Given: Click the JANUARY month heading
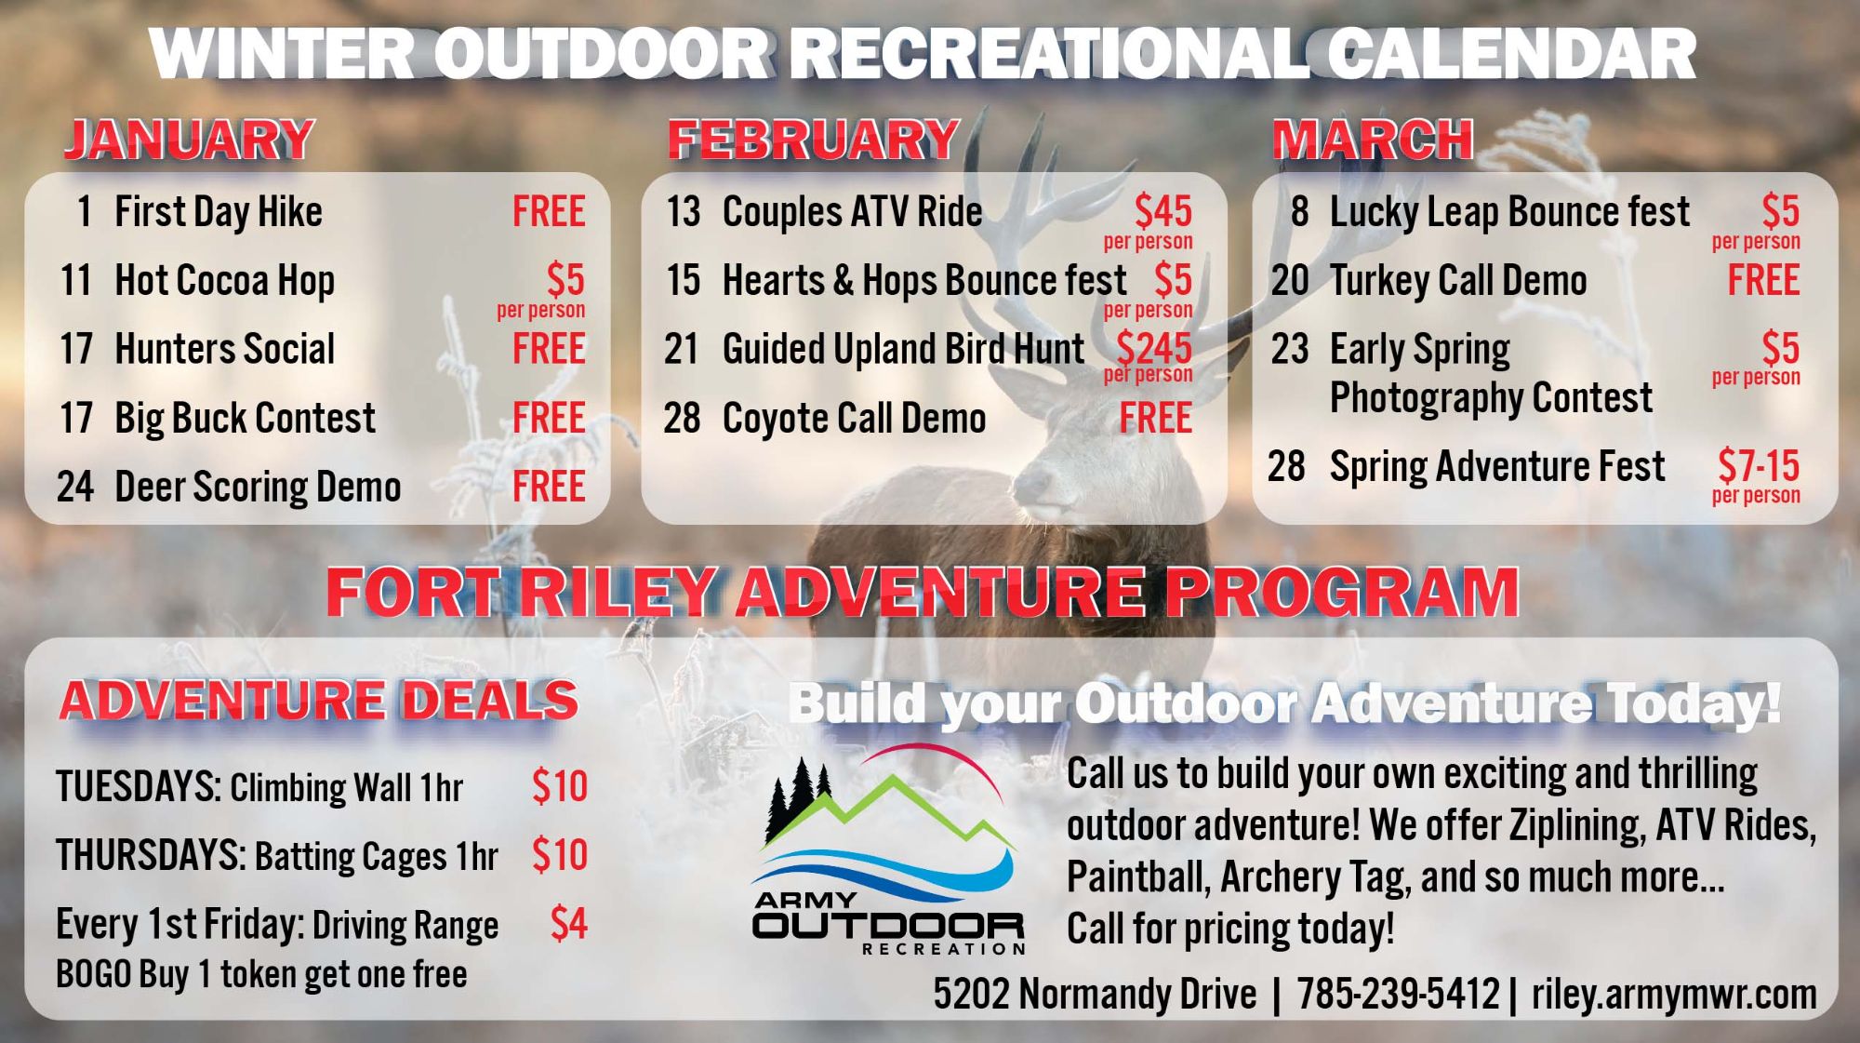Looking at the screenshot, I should [189, 140].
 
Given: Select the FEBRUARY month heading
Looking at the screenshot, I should [813, 140].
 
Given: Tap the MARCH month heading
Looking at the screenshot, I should [1372, 140].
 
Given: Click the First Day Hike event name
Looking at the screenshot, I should [218, 212].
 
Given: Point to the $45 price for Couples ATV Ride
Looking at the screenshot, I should [1162, 212].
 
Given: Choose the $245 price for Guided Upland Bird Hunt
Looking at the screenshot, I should [1153, 349].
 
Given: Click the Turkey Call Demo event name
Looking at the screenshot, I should [1457, 281].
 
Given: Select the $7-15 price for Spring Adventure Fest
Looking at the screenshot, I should [1758, 465].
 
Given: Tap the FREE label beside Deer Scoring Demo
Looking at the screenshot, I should [549, 487].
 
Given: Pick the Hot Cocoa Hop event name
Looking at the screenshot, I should [224, 281].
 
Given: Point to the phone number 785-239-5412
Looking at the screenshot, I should [1398, 994].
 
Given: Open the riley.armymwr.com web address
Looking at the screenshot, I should [1673, 994].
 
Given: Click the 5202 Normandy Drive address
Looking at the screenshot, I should [1095, 994].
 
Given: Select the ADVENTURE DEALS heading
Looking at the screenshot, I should [318, 701].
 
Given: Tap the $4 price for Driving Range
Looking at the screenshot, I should [568, 924].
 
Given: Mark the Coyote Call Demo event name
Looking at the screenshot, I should [854, 419].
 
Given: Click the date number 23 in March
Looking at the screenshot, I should [1290, 350].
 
